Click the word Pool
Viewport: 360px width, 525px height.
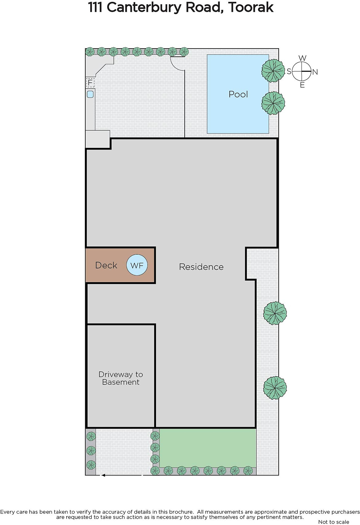tap(238, 94)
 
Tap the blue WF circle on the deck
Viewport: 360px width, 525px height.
tap(137, 265)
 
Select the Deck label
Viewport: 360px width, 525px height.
tap(106, 265)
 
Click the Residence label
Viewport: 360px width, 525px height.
tap(201, 267)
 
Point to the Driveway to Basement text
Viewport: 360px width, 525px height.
tap(121, 378)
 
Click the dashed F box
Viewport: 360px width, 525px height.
tap(90, 82)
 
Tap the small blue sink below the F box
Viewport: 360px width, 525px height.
tap(90, 94)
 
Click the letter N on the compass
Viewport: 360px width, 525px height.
tap(315, 72)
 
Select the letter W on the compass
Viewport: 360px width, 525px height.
tap(302, 58)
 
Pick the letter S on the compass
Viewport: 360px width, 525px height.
tap(289, 71)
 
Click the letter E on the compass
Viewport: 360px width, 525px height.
tap(302, 85)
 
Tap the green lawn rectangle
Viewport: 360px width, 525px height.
tap(208, 448)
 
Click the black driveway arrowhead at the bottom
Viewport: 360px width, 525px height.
tap(103, 475)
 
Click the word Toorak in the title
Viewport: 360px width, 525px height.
tap(250, 8)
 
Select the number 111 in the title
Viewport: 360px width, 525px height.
tap(95, 8)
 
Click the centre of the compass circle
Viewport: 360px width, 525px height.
tap(302, 71)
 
